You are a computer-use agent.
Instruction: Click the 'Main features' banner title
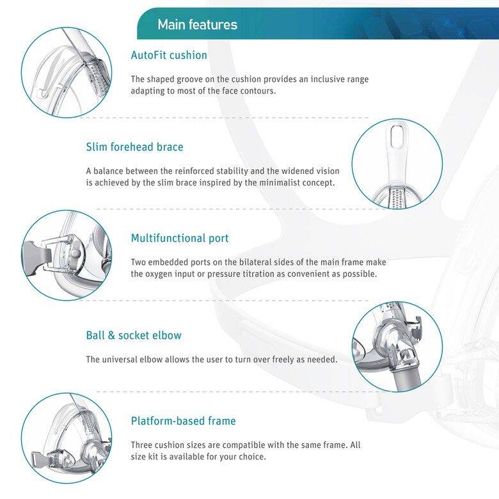pyautogui.click(x=197, y=25)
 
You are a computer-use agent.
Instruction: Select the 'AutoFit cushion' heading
pyautogui.click(x=169, y=55)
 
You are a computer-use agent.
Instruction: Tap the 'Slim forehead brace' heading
pyautogui.click(x=134, y=147)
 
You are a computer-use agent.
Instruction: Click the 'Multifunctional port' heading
pyautogui.click(x=180, y=239)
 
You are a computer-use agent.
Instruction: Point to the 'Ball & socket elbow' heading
pyautogui.click(x=134, y=335)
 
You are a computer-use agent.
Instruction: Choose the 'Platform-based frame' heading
pyautogui.click(x=183, y=421)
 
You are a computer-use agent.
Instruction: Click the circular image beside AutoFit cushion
pyautogui.click(x=67, y=72)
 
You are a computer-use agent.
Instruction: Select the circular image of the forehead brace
pyautogui.click(x=397, y=164)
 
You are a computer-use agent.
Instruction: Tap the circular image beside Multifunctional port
pyautogui.click(x=67, y=255)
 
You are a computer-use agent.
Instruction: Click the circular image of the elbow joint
pyautogui.click(x=397, y=347)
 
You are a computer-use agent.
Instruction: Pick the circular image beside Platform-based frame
pyautogui.click(x=67, y=438)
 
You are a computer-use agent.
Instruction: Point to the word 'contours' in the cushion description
pyautogui.click(x=257, y=91)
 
